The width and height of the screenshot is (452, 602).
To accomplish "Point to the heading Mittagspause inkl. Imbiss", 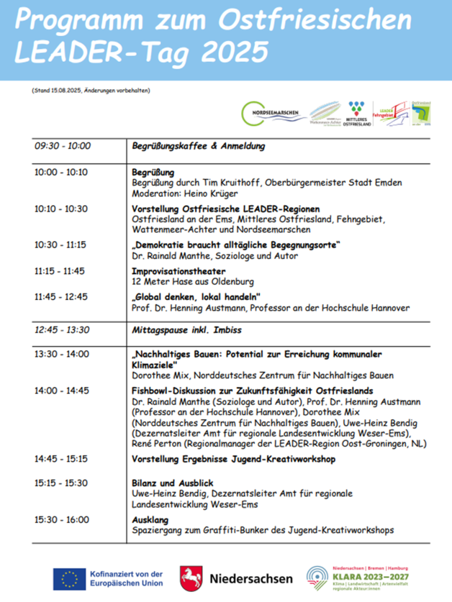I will (188, 330).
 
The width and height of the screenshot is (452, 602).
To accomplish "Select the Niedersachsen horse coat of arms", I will (191, 578).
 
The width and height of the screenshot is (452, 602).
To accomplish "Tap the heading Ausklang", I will (150, 520).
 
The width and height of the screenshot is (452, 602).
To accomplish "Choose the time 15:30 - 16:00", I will (61, 520).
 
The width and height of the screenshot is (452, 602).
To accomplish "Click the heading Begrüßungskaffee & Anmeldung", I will (199, 146).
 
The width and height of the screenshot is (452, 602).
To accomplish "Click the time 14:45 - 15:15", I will (61, 458).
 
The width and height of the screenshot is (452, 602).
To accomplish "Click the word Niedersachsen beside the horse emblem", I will (251, 578).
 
